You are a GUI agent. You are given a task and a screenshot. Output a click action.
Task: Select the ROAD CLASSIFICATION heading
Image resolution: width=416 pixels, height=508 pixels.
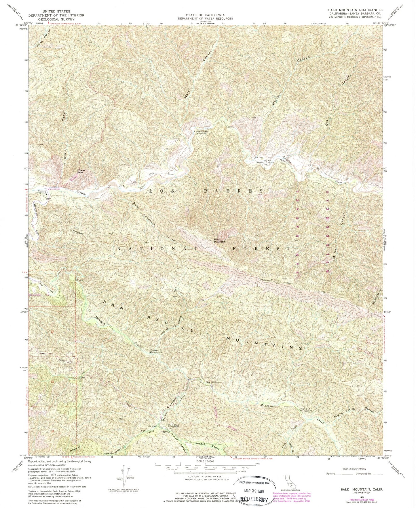pyautogui.click(x=354, y=469)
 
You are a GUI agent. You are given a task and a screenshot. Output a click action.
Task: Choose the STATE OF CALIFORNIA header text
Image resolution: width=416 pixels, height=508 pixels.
pyautogui.click(x=209, y=15)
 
